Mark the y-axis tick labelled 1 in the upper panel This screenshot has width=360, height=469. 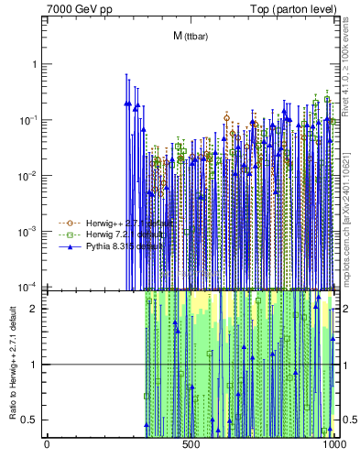tap(36, 64)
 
